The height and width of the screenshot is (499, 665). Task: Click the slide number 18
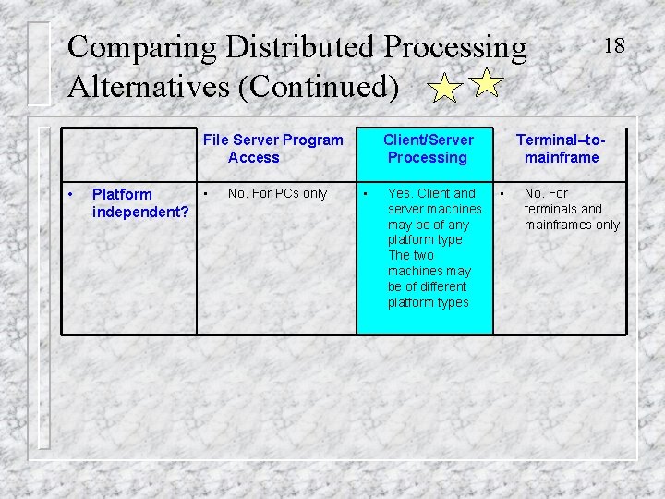tap(614, 44)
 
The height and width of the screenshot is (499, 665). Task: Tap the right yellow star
tap(486, 84)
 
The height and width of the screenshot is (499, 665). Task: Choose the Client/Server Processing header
tap(428, 149)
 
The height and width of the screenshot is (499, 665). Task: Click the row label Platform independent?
tap(140, 203)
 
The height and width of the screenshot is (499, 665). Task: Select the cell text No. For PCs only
tap(277, 193)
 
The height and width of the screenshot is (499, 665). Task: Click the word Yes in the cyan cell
tap(400, 193)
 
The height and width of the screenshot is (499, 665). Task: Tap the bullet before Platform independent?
tap(71, 194)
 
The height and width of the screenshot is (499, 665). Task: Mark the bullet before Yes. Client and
tap(367, 193)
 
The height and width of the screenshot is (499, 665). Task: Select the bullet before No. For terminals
tap(503, 193)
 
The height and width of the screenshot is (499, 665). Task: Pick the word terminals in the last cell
tap(551, 209)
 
